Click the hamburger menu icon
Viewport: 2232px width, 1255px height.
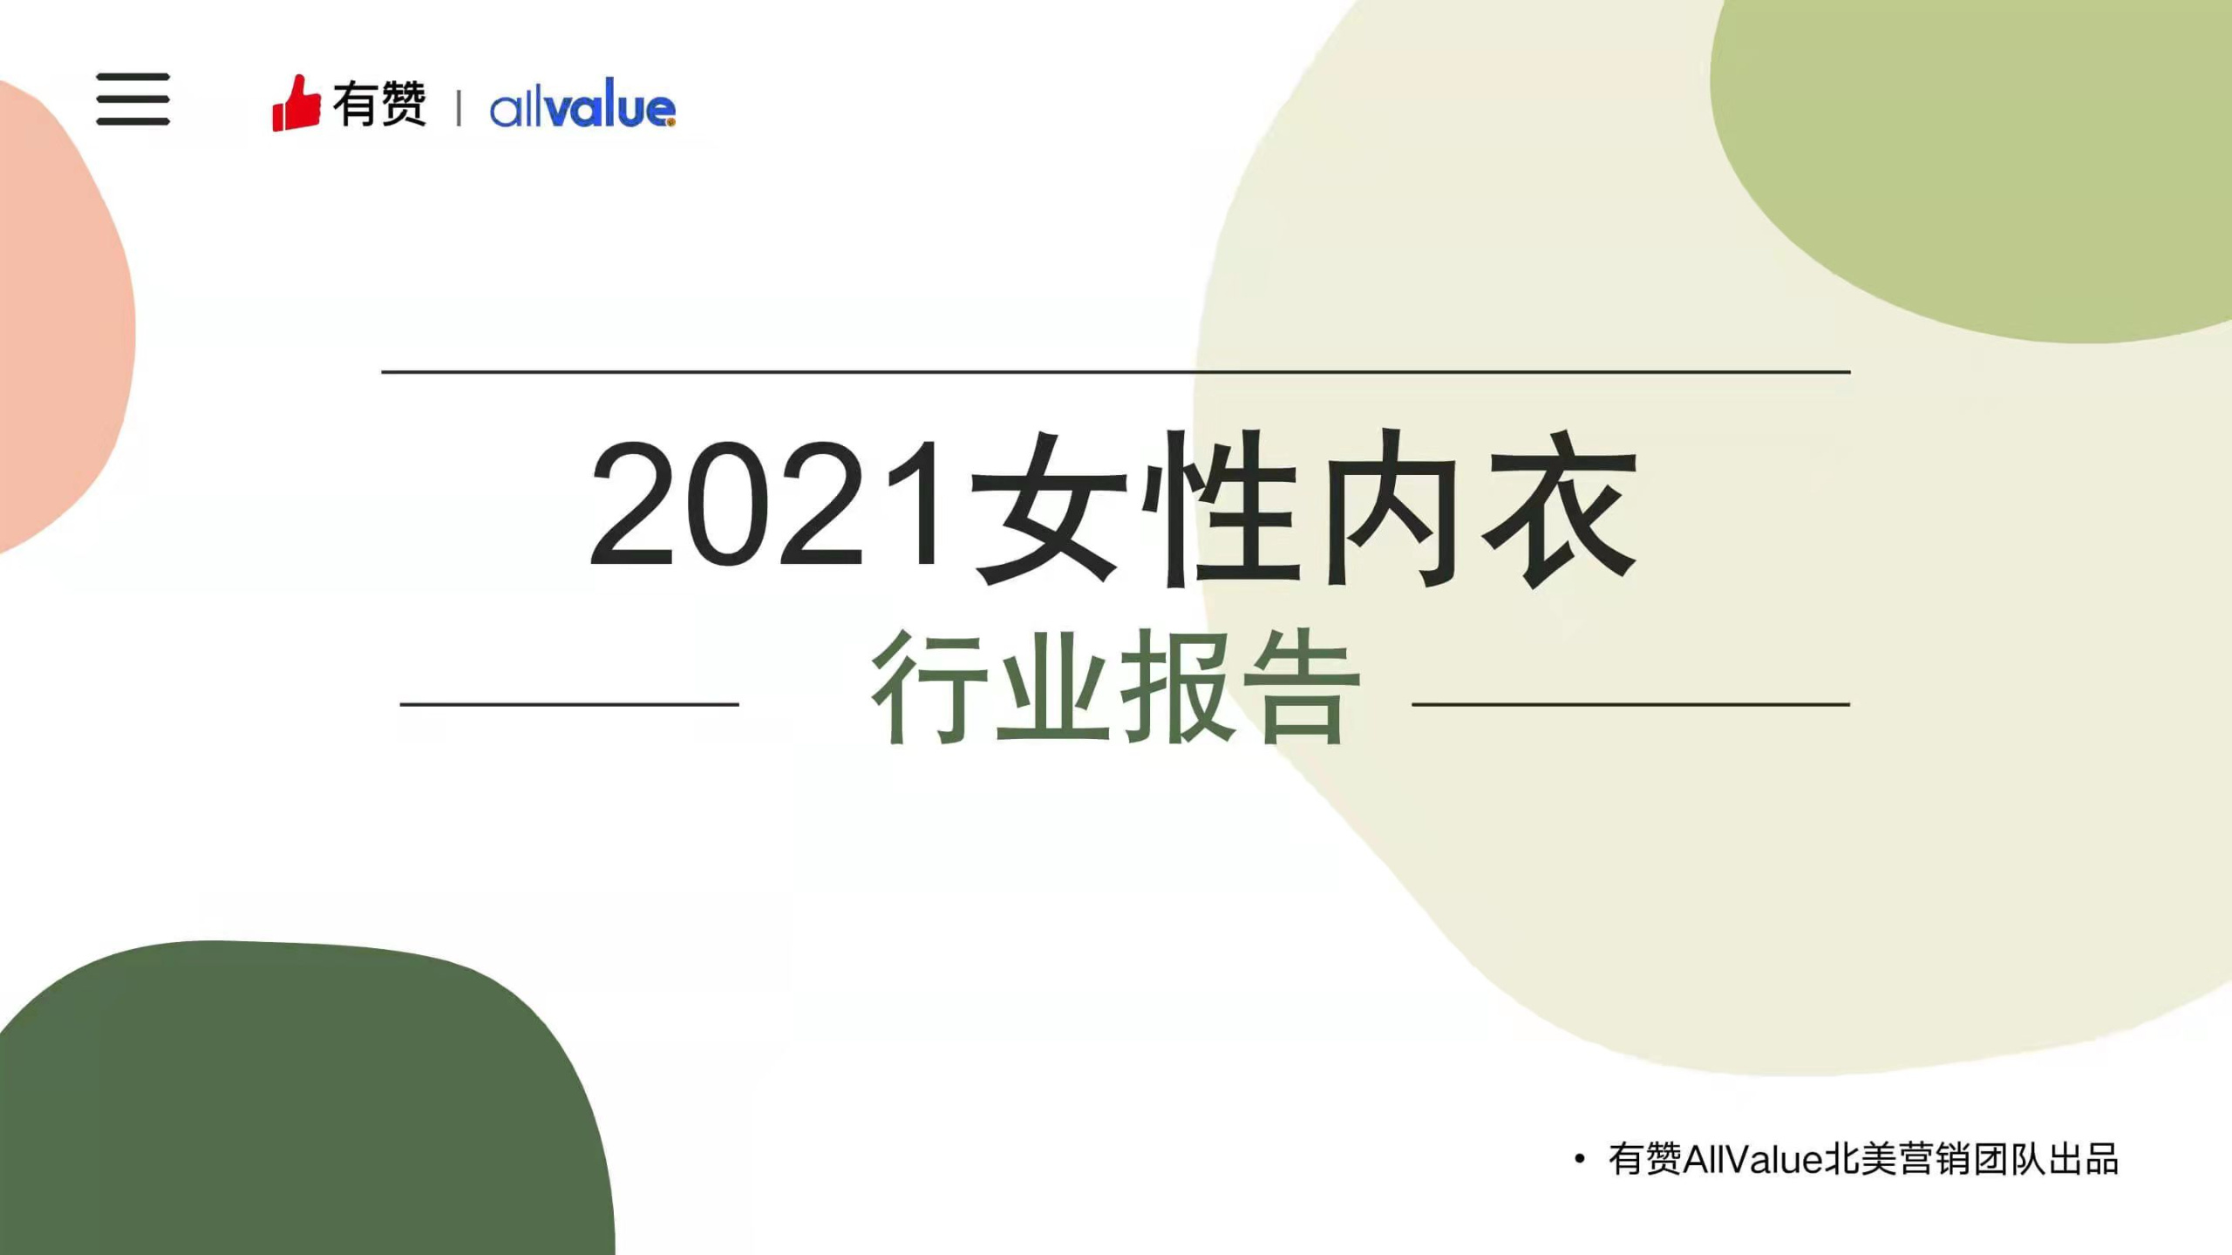click(133, 98)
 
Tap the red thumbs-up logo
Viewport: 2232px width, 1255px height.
click(296, 105)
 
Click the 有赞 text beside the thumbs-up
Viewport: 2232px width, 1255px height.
click(379, 105)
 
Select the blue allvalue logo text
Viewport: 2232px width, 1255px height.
click(582, 107)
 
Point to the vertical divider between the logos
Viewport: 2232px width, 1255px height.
click(459, 108)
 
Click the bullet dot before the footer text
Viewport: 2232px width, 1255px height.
click(1579, 1159)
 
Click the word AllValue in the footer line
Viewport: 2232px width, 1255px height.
click(1752, 1160)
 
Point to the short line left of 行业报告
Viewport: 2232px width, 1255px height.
click(569, 703)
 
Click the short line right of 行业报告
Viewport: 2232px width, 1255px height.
click(1630, 703)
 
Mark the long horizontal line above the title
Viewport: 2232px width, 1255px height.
click(1116, 372)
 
